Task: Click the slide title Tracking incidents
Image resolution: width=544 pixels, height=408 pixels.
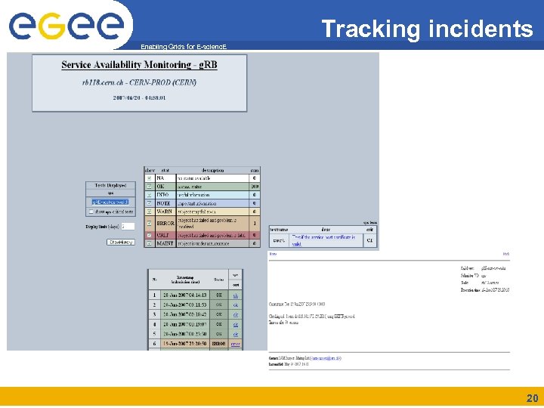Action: pos(427,29)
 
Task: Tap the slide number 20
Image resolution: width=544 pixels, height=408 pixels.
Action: pos(532,398)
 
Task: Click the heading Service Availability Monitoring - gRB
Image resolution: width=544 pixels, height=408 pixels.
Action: pos(139,65)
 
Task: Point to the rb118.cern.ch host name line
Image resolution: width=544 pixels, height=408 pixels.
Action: pos(139,81)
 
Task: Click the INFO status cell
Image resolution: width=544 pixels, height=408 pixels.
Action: pos(162,195)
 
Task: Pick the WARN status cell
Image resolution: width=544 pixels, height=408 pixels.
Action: pos(164,212)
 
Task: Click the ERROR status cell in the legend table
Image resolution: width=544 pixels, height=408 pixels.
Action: pos(166,224)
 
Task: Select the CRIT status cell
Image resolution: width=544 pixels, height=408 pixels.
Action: pos(164,236)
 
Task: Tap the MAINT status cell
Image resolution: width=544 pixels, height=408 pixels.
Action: pos(165,244)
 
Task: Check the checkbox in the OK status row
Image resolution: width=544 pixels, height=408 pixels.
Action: pos(149,187)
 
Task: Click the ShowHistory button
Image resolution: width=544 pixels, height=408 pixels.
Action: pos(121,243)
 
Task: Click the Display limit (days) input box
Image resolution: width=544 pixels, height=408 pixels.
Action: pos(128,226)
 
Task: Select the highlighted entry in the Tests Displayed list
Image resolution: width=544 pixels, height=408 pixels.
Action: pos(110,202)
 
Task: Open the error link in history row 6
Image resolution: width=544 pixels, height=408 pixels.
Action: pos(236,344)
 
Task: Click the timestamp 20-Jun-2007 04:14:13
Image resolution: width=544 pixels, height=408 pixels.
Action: pos(184,295)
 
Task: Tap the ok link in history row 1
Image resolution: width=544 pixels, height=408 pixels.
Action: pos(236,295)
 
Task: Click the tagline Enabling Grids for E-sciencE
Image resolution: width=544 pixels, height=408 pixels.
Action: pos(183,47)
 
